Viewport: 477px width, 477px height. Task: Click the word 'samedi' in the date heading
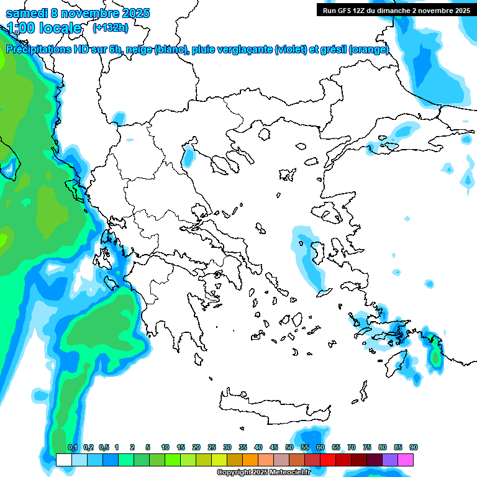click(x=27, y=13)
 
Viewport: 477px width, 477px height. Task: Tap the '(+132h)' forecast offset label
click(x=111, y=27)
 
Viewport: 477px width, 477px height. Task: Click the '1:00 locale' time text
click(x=44, y=27)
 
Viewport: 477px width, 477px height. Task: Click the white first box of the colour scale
click(x=64, y=460)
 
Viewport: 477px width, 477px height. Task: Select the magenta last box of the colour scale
click(x=406, y=460)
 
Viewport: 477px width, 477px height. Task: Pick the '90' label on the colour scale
click(x=414, y=447)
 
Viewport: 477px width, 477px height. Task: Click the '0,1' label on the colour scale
click(x=72, y=447)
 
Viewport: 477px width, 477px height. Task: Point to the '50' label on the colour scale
click(x=289, y=447)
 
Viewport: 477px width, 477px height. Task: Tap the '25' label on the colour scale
click(x=212, y=447)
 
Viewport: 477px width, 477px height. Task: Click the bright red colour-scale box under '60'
click(x=328, y=460)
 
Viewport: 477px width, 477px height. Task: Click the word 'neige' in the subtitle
click(x=138, y=50)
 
